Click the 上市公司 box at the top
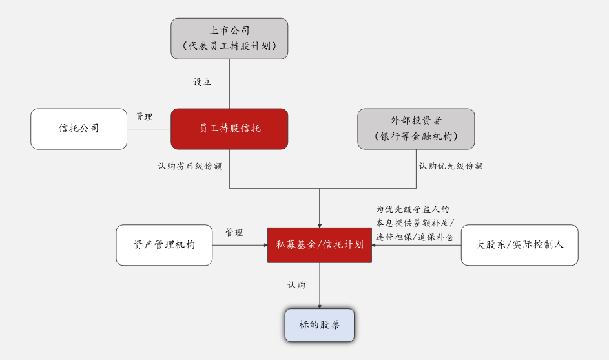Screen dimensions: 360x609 [229, 38]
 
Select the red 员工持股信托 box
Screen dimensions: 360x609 [229, 129]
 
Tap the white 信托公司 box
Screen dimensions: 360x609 [79, 129]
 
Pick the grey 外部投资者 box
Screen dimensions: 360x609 [416, 129]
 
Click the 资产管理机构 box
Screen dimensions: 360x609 [164, 245]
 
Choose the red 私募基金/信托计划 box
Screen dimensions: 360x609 [320, 245]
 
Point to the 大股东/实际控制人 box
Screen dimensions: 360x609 [519, 245]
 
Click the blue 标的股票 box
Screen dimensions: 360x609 [320, 324]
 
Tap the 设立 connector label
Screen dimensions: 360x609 [202, 82]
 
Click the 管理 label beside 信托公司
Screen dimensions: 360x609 [144, 117]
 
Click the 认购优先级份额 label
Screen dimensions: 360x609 [451, 166]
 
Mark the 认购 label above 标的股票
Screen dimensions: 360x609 [296, 285]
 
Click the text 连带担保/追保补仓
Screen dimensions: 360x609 [415, 237]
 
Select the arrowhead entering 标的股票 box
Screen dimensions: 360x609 [320, 305]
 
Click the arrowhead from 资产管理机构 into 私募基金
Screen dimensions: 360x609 [265, 245]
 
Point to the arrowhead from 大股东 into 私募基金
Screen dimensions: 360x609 [375, 245]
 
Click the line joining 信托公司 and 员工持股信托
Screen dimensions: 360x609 [149, 129]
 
